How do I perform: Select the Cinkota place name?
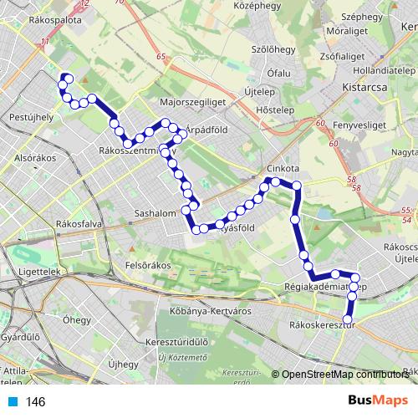pos(283,167)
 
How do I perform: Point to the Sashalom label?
pos(155,213)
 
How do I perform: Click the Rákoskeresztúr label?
pos(321,325)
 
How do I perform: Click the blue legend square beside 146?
pos(11,402)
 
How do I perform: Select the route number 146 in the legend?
pos(35,402)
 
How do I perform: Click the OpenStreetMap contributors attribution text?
pos(345,375)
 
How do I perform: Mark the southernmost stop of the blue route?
pos(349,314)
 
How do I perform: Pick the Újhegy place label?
pos(123,364)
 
